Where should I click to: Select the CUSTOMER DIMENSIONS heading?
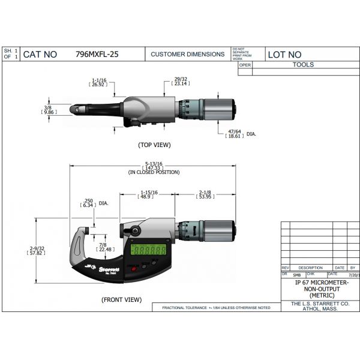pyautogui.click(x=187, y=54)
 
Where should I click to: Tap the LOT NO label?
pyautogui.click(x=284, y=54)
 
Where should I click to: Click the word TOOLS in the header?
pyautogui.click(x=303, y=65)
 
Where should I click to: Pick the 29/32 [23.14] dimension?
pyautogui.click(x=180, y=82)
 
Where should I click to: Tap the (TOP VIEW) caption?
pyautogui.click(x=154, y=145)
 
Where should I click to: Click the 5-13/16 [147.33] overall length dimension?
pyautogui.click(x=154, y=167)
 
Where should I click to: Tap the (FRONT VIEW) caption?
pyautogui.click(x=122, y=299)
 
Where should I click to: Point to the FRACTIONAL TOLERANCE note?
pyautogui.click(x=216, y=308)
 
